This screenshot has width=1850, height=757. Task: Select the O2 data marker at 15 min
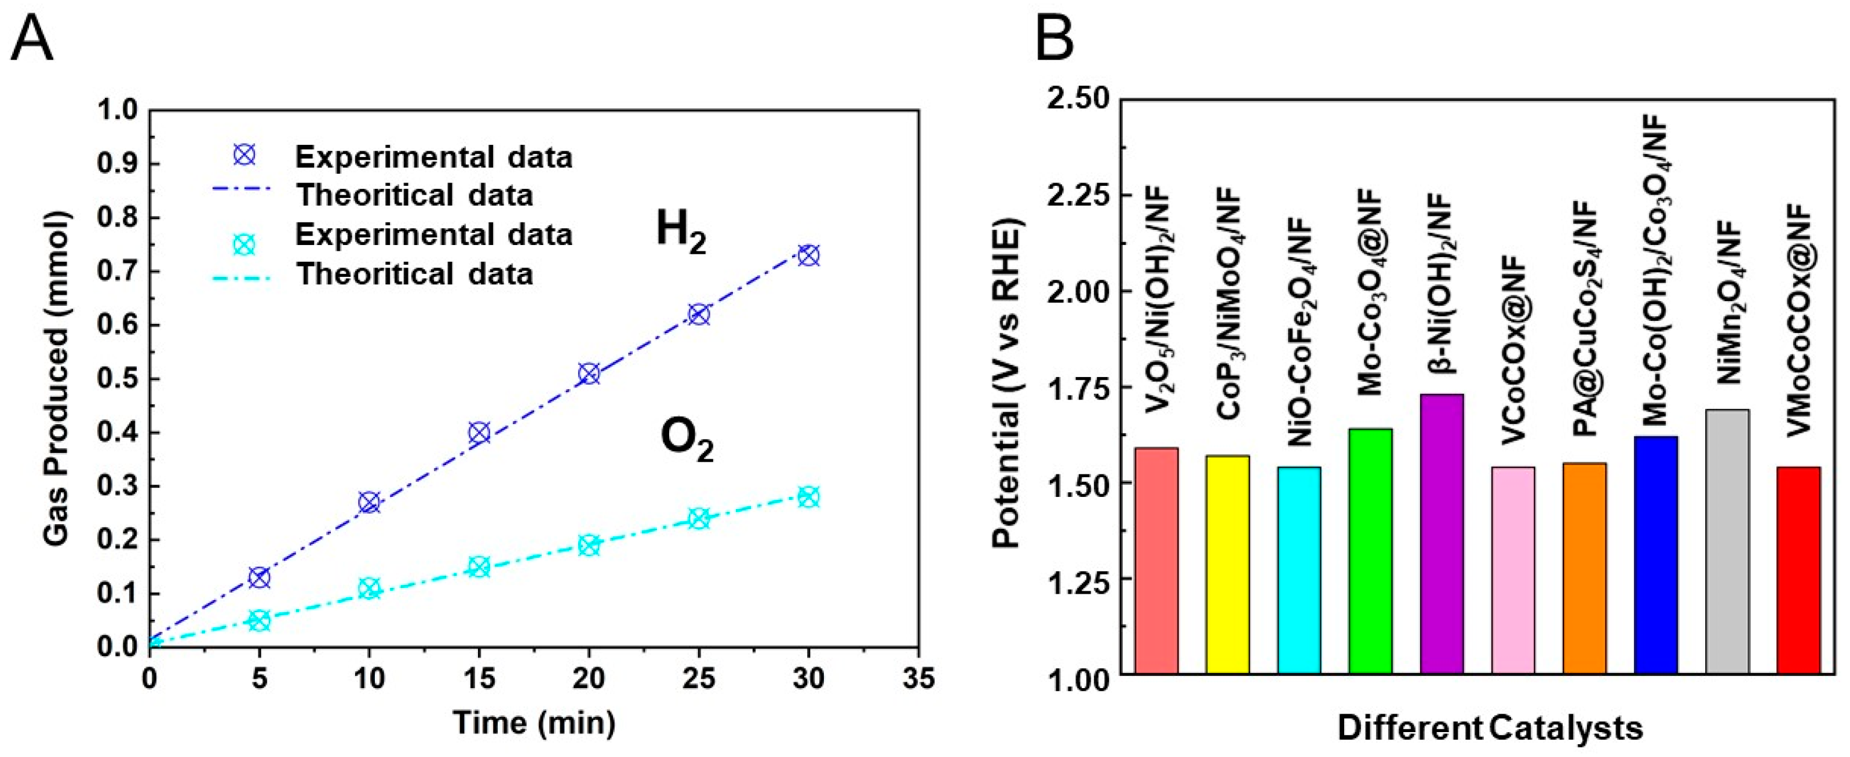(x=479, y=566)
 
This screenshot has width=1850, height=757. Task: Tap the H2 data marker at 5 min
(x=259, y=577)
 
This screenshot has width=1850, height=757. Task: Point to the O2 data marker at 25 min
(x=699, y=518)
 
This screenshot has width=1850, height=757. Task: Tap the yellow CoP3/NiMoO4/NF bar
(x=1227, y=564)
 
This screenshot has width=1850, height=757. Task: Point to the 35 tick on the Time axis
(x=918, y=678)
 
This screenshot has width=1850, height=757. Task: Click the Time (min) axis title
(x=534, y=722)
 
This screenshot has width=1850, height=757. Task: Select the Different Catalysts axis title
(x=1490, y=728)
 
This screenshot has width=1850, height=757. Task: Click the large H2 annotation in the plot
(x=680, y=233)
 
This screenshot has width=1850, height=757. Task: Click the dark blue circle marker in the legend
(x=245, y=155)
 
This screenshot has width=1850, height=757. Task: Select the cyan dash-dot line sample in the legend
(x=242, y=275)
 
